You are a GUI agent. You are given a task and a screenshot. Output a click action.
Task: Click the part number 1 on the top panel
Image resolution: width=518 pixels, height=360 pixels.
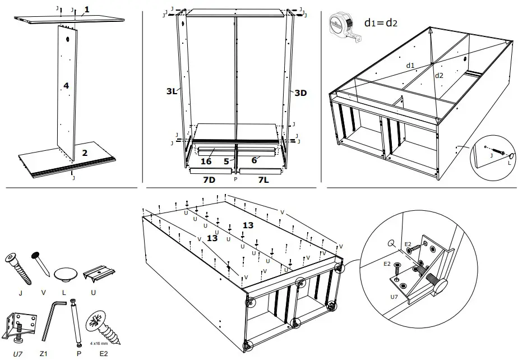tap(86, 10)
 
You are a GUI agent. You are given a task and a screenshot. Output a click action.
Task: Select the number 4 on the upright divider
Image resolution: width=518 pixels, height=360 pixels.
tap(66, 86)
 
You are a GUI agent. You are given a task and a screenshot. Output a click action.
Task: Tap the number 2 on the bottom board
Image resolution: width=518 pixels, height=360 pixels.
tap(84, 152)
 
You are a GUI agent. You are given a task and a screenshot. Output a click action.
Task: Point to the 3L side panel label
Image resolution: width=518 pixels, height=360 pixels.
tap(172, 91)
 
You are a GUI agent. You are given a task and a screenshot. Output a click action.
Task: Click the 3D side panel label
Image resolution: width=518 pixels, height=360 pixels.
tap(300, 93)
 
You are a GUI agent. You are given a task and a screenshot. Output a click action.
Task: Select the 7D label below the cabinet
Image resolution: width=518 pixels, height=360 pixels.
tap(210, 179)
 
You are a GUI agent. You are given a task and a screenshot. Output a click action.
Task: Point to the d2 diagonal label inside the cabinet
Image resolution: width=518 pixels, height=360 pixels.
tap(440, 75)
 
